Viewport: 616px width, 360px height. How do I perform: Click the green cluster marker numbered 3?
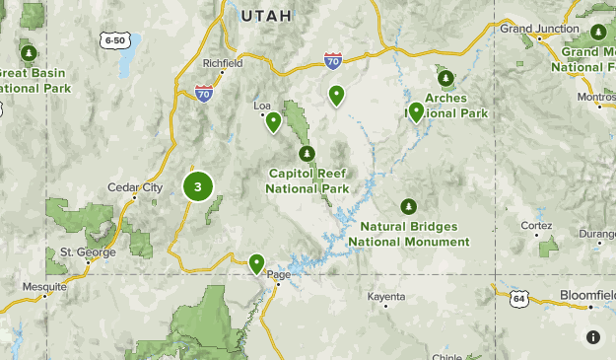(x=198, y=185)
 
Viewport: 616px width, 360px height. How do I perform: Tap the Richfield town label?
(x=223, y=63)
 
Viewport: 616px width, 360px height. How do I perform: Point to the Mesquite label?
(x=45, y=287)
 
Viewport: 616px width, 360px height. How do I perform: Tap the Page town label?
(x=279, y=275)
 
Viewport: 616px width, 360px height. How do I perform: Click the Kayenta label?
(x=385, y=296)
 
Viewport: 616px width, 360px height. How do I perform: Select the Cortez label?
(x=536, y=225)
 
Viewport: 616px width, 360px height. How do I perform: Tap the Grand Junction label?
(x=539, y=29)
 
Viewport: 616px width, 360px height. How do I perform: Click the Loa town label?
(x=262, y=105)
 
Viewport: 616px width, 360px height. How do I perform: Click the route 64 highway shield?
(x=518, y=297)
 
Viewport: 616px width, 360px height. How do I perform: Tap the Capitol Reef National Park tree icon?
(x=308, y=153)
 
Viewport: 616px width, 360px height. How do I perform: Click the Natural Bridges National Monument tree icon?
(x=408, y=206)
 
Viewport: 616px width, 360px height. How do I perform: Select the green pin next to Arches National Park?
(x=417, y=110)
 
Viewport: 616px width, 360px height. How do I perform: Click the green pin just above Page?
(x=256, y=262)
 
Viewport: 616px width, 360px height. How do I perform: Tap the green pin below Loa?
(x=273, y=121)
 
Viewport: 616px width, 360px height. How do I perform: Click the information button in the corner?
(x=593, y=337)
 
